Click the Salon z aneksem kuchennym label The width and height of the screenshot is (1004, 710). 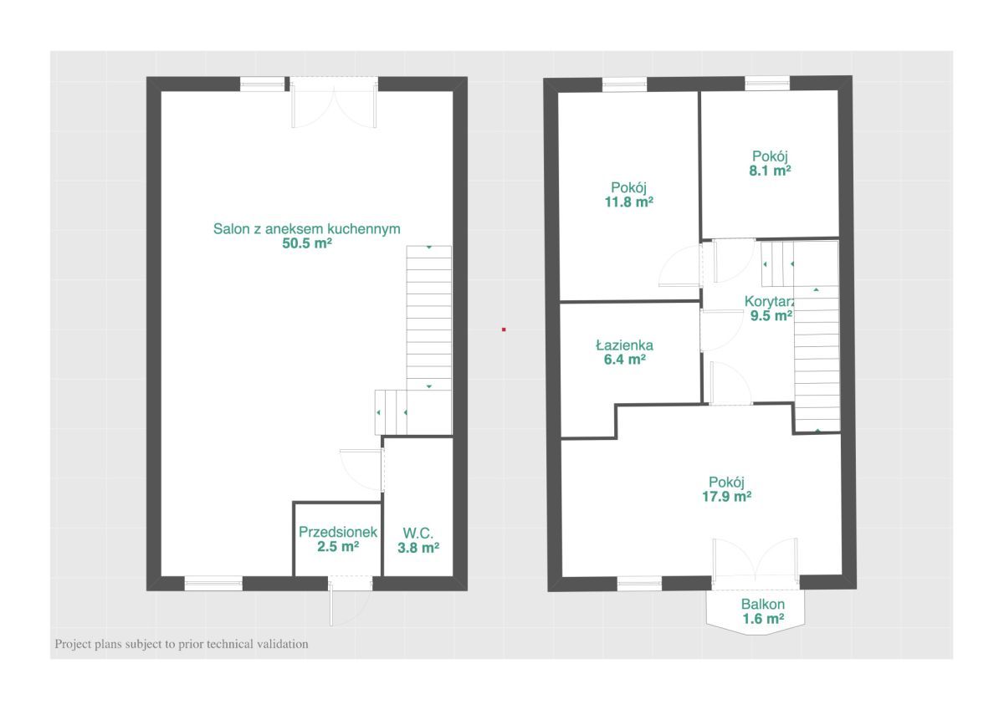click(x=306, y=229)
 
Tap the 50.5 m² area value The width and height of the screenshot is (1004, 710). click(x=307, y=243)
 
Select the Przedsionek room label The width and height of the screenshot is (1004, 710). click(x=338, y=532)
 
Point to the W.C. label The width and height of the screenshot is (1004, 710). click(x=417, y=533)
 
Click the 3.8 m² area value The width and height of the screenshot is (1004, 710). click(x=418, y=548)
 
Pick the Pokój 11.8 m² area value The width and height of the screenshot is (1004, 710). click(x=629, y=202)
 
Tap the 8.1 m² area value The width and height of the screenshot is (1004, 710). click(x=770, y=171)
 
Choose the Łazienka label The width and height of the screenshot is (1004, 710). click(x=624, y=345)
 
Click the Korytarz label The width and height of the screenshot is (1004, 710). click(x=769, y=301)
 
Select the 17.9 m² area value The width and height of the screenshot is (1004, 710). click(x=726, y=496)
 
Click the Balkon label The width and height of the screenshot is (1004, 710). click(x=763, y=605)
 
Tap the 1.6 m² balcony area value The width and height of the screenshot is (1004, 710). click(x=763, y=619)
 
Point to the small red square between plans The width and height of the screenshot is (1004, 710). click(x=504, y=329)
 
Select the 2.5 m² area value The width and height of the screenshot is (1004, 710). click(x=338, y=546)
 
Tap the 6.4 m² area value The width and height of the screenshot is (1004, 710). click(x=625, y=360)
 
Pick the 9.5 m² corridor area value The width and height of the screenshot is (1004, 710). click(x=771, y=316)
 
